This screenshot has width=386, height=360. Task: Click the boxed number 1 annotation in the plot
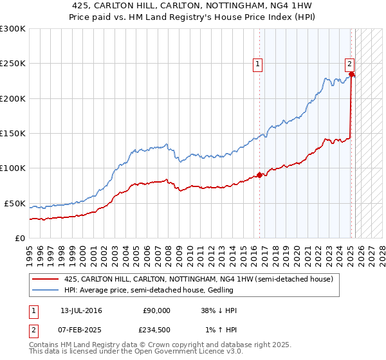(x=257, y=63)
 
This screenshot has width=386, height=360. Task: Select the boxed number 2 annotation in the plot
(x=349, y=63)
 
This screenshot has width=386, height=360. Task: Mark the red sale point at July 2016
(x=260, y=175)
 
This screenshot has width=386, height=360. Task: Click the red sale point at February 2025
(x=352, y=74)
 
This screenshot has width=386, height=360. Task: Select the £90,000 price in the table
(x=156, y=310)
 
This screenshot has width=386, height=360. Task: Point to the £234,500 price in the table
(x=154, y=329)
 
